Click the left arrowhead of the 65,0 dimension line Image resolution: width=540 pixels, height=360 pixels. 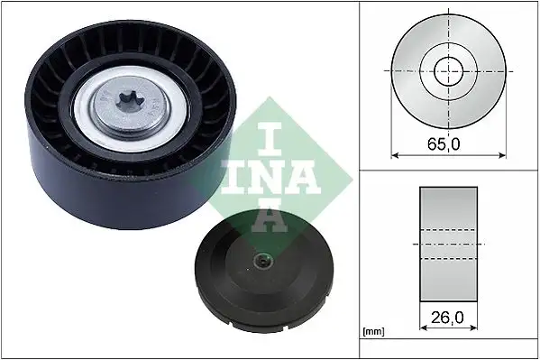394,154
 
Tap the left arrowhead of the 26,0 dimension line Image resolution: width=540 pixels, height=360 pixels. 423,328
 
